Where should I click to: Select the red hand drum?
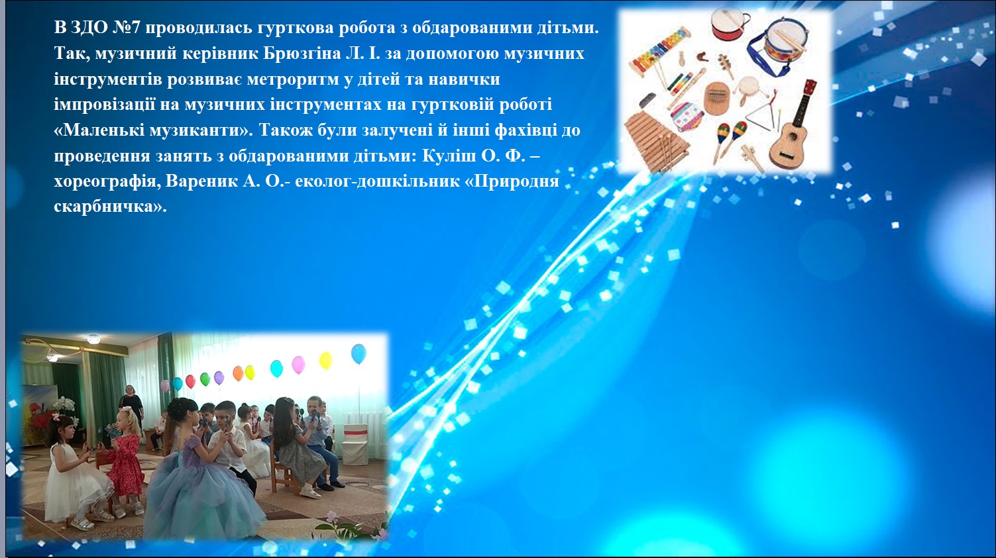pos(728,23)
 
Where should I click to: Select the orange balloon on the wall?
pos(239,373)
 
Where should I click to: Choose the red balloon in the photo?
pos(190,381)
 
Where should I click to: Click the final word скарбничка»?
pos(110,207)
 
